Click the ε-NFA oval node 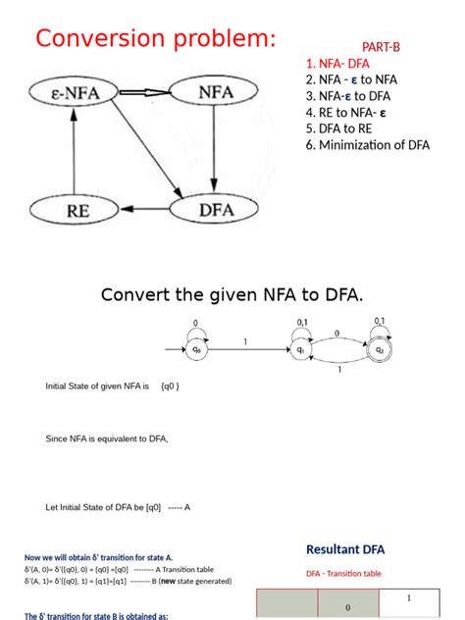click(x=75, y=94)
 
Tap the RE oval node click(x=75, y=208)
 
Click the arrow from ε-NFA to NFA click(x=144, y=94)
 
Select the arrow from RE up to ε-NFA click(x=75, y=151)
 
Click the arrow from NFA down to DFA click(x=214, y=151)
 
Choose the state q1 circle click(x=300, y=348)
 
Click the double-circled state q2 click(x=380, y=348)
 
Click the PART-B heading click(x=381, y=46)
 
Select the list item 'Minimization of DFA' click(x=367, y=145)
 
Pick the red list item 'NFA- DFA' click(x=339, y=63)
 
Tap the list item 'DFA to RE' click(x=338, y=129)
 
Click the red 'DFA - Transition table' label click(x=343, y=574)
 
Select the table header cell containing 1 click(x=408, y=598)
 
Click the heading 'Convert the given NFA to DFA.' click(x=232, y=294)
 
